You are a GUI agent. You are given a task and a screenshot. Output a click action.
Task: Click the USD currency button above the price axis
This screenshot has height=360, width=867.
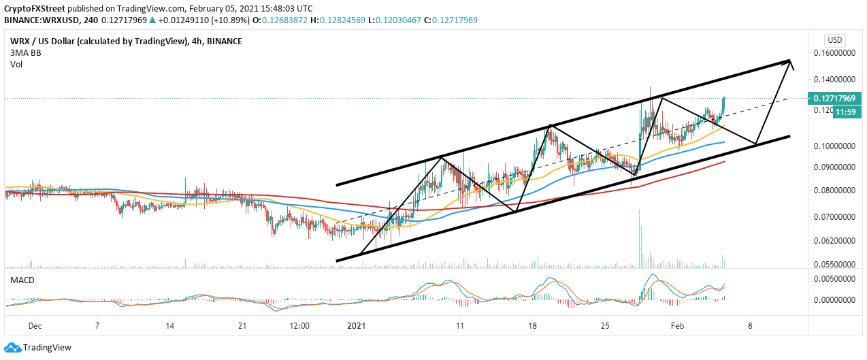click(x=834, y=39)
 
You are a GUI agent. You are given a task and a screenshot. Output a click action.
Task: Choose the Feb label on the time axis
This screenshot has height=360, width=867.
click(x=677, y=325)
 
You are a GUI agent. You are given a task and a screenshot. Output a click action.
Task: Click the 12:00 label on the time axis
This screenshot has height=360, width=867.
click(x=299, y=325)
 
